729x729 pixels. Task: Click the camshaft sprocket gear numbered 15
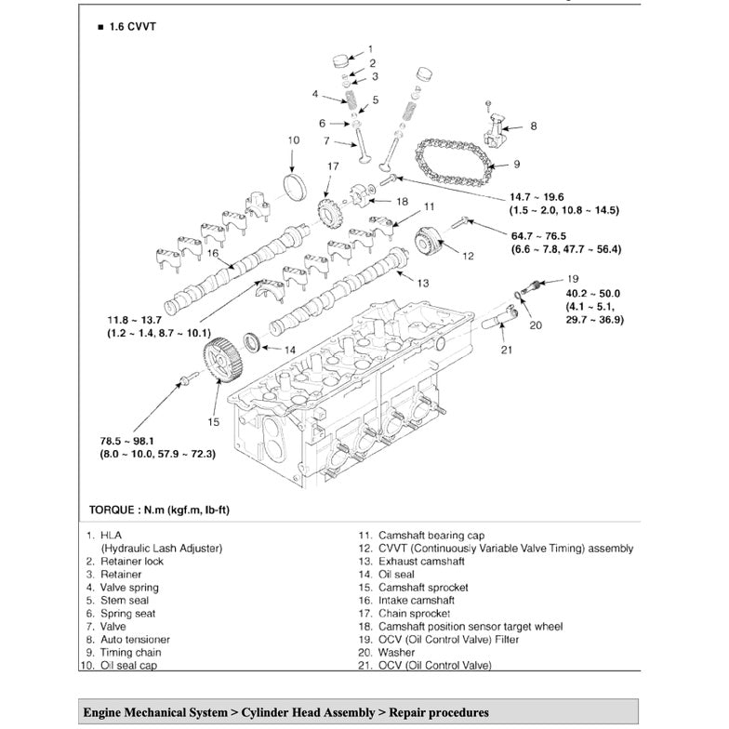click(x=220, y=364)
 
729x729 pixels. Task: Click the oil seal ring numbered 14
click(x=253, y=342)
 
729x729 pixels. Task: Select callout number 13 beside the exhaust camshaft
click(x=423, y=281)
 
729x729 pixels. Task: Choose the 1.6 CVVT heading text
click(x=131, y=28)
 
